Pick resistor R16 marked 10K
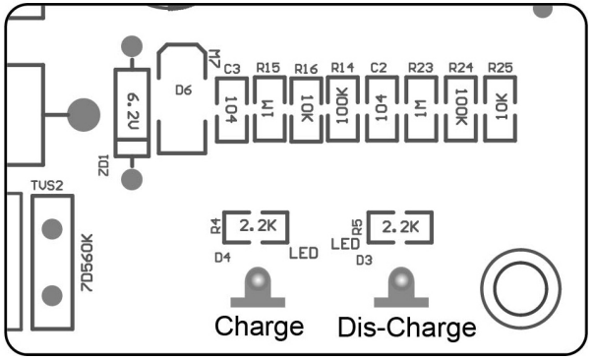(x=306, y=110)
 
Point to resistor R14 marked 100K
(x=343, y=110)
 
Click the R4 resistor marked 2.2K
(x=254, y=227)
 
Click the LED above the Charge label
(x=258, y=285)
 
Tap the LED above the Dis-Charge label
(x=400, y=286)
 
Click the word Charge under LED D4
(x=259, y=327)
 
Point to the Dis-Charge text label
(x=407, y=327)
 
